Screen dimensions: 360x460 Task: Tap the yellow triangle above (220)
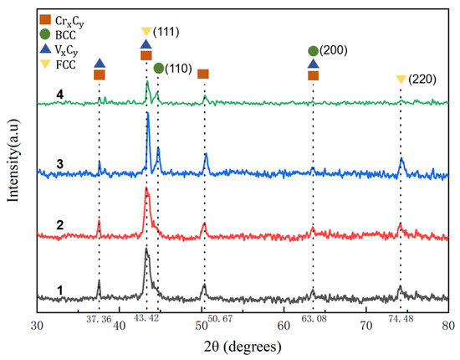click(x=401, y=80)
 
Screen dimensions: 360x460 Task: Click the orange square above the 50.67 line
click(x=203, y=75)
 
